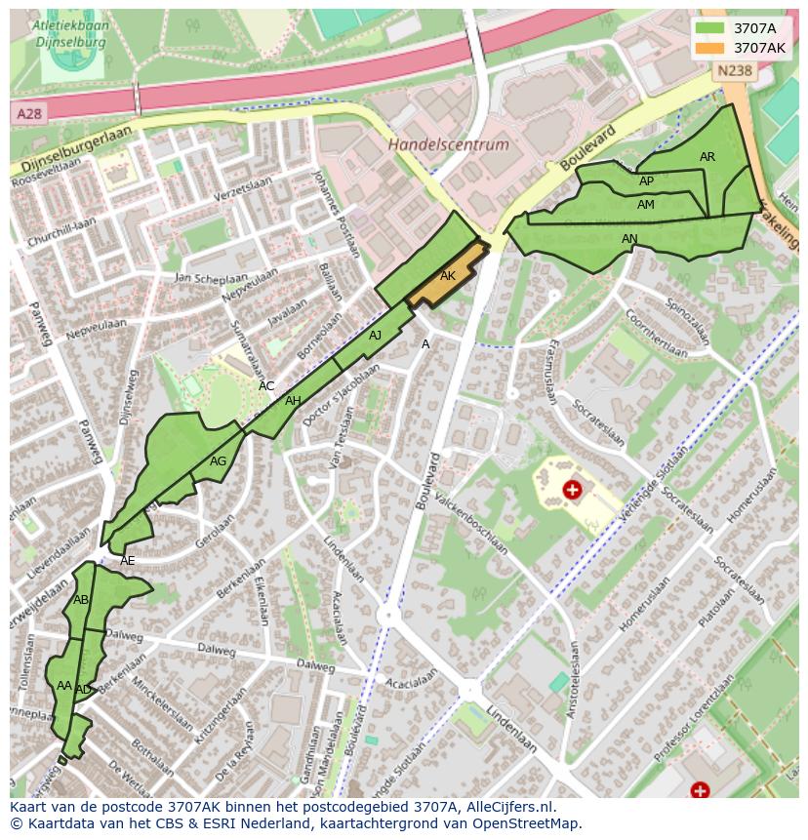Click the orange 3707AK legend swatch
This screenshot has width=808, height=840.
(x=709, y=47)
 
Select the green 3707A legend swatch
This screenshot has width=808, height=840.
(x=709, y=28)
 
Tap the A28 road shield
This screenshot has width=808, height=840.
(x=29, y=114)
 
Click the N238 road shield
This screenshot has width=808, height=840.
(x=734, y=70)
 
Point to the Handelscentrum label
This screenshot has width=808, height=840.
(x=449, y=144)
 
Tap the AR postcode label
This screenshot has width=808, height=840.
(x=707, y=157)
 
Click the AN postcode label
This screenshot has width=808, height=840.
(x=629, y=239)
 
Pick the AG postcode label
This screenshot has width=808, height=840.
(x=218, y=461)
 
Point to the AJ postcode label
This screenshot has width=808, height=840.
(x=375, y=336)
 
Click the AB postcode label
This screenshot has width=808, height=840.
(x=81, y=600)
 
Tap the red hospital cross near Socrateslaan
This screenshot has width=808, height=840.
(x=573, y=489)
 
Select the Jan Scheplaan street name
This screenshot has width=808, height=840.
(x=207, y=277)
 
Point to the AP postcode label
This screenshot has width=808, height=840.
(x=646, y=181)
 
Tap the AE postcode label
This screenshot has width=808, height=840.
(x=127, y=561)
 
